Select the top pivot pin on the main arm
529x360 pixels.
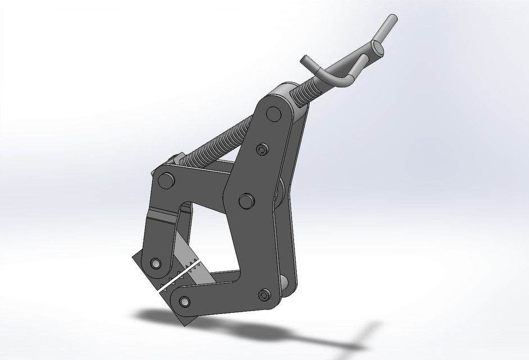coord(274,114)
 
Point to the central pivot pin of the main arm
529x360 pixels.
coord(245,200)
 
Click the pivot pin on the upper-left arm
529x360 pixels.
coord(165,181)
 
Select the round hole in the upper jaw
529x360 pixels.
coord(155,263)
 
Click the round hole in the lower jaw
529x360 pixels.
coord(184,301)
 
